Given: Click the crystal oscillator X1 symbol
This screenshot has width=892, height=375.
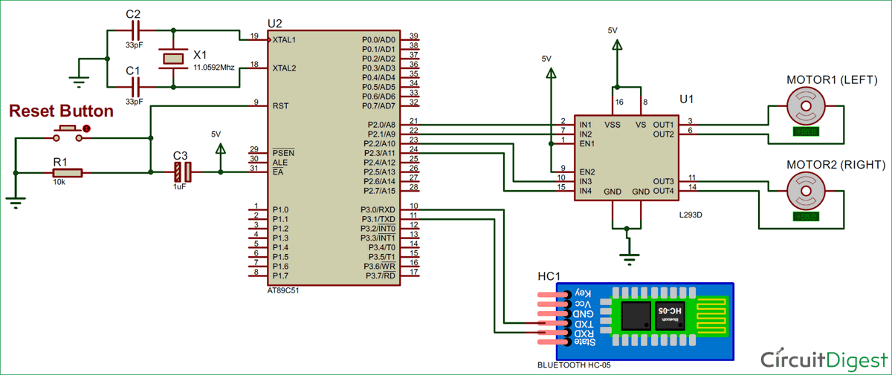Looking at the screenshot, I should (x=174, y=59).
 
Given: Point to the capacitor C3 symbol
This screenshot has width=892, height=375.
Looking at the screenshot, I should (x=181, y=173).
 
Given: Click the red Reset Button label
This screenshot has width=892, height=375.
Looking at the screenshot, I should (x=61, y=111).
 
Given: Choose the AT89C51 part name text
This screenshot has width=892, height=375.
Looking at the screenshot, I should (x=286, y=291).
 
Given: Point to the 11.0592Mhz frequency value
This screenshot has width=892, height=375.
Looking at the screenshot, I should (x=214, y=67).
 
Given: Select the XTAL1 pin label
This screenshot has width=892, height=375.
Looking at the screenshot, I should (x=284, y=39).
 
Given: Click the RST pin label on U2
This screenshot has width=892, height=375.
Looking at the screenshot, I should (x=280, y=106).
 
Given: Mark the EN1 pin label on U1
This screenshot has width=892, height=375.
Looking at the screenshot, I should (x=586, y=143).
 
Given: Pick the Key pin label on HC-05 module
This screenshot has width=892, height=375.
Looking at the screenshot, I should (x=585, y=295).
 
